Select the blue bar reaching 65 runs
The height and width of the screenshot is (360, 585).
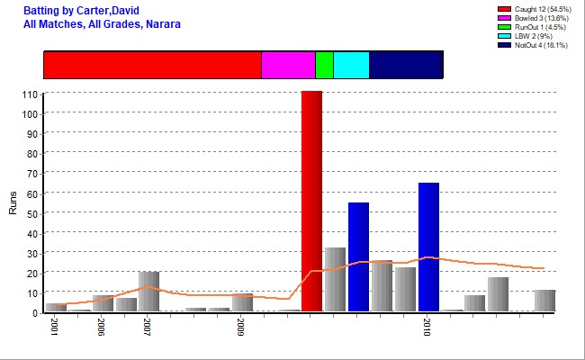point(428,247)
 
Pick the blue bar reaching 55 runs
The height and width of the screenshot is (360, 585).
point(358,256)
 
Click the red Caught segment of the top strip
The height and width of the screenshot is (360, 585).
point(152,65)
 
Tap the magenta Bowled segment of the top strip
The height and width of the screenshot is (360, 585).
point(288,65)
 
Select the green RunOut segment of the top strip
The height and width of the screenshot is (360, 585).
point(324,65)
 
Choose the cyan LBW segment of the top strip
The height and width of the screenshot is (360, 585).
point(351,65)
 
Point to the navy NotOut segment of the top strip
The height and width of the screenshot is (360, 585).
point(406,65)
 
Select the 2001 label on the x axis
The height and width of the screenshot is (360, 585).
point(53,326)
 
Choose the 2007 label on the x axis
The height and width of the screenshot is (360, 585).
point(147,326)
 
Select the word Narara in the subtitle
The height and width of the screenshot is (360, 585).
point(163,24)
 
